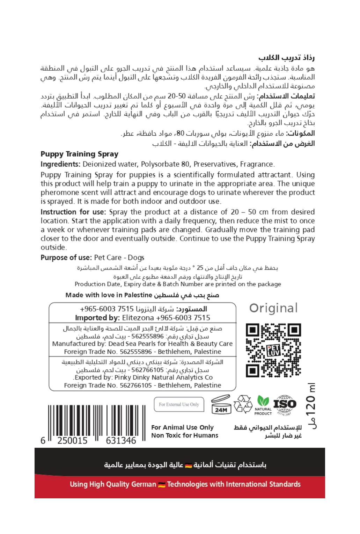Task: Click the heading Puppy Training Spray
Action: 79,154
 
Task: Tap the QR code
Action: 273,350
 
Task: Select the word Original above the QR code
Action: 273,308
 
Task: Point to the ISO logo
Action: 285,404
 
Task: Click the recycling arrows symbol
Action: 243,404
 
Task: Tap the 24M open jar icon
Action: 221,405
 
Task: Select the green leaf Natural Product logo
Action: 263,405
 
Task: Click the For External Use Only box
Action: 179,404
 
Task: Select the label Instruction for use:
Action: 73,212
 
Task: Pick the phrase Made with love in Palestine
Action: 109,295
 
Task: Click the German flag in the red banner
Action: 161,485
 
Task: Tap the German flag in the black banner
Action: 188,465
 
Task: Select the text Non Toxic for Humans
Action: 185,435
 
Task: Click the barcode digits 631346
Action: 121,441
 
